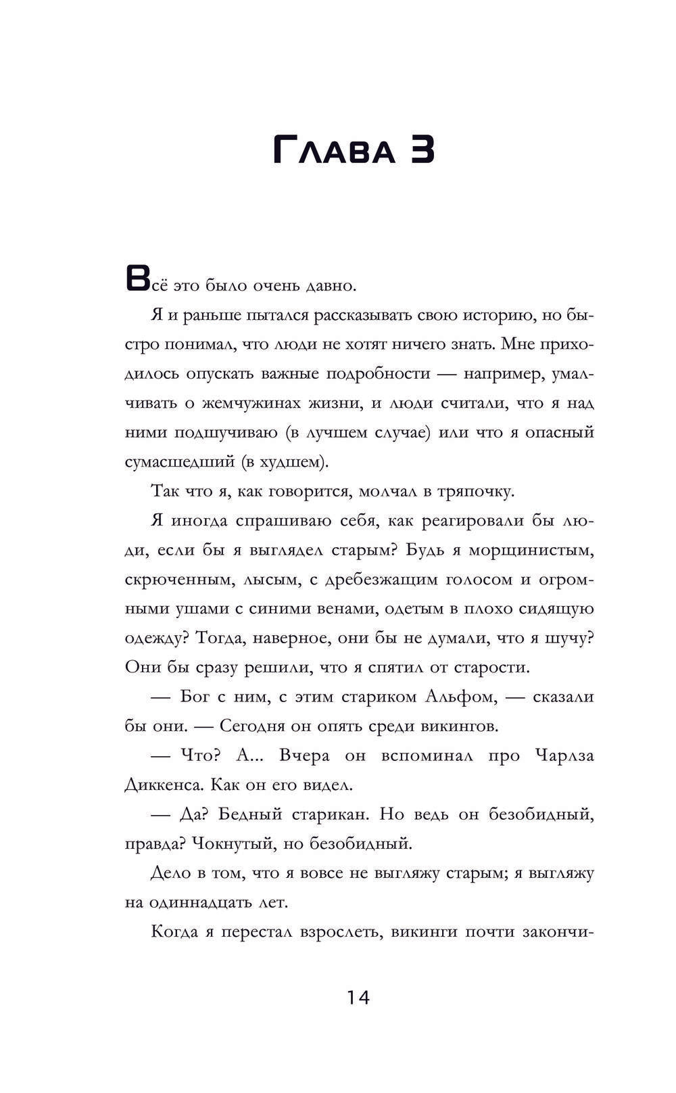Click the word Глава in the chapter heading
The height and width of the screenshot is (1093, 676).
tap(334, 150)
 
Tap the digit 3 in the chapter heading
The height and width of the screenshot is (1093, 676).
tap(418, 150)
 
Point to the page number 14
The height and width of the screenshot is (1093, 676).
tap(358, 997)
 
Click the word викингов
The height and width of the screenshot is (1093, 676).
tap(459, 726)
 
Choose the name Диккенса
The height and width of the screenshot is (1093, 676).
tap(163, 785)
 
